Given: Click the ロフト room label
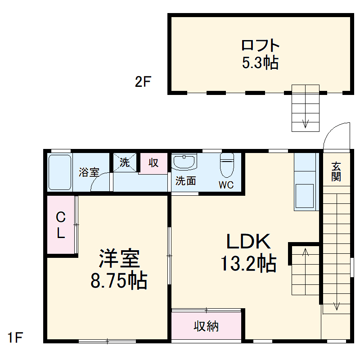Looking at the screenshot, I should click(x=261, y=45).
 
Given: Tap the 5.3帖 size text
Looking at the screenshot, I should click(x=260, y=63).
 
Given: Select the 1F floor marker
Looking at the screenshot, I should click(x=15, y=337).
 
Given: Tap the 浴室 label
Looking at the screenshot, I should click(x=89, y=172).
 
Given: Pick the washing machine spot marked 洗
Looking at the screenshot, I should click(x=125, y=162).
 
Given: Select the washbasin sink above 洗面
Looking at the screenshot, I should click(x=184, y=162).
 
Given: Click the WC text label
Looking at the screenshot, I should click(x=226, y=185).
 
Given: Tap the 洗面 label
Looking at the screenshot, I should click(x=185, y=181).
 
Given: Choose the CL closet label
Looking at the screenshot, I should click(x=61, y=225).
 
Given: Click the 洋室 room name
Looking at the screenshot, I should click(x=119, y=259).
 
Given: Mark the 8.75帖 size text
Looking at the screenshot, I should click(x=119, y=281).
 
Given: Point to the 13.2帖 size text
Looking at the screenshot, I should click(x=248, y=264).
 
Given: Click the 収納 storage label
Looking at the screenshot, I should click(x=207, y=326).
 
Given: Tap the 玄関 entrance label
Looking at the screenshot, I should click(x=336, y=171).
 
